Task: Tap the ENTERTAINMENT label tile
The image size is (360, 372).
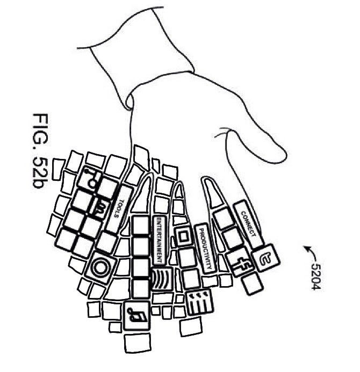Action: [x=160, y=239]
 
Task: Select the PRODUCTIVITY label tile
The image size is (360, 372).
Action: [x=205, y=247]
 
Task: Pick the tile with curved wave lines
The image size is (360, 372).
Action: [x=163, y=279]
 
